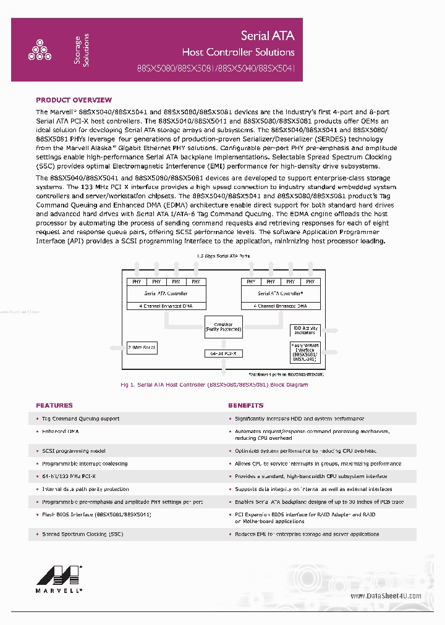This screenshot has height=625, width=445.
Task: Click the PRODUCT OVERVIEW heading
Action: tap(74, 100)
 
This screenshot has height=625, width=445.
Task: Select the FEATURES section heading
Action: tap(54, 406)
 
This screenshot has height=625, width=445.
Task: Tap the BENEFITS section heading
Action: tap(245, 406)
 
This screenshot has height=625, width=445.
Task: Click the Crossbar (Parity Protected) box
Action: tap(223, 327)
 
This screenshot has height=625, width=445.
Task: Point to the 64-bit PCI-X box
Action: tap(223, 353)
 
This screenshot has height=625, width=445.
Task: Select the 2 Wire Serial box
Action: tap(142, 348)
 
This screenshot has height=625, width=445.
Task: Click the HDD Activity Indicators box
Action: tap(305, 330)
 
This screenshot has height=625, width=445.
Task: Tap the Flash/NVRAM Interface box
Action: tap(305, 352)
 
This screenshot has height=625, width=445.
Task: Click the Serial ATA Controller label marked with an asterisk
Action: tap(280, 293)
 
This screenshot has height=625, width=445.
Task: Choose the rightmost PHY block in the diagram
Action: tap(310, 282)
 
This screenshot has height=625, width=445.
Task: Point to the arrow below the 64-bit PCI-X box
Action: tap(223, 365)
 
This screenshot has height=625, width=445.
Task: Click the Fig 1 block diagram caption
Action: tap(214, 385)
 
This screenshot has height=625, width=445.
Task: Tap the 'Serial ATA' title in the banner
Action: tap(268, 36)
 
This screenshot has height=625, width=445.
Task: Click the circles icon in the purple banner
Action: tap(40, 51)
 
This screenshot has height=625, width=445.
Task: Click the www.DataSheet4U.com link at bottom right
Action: tap(386, 596)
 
